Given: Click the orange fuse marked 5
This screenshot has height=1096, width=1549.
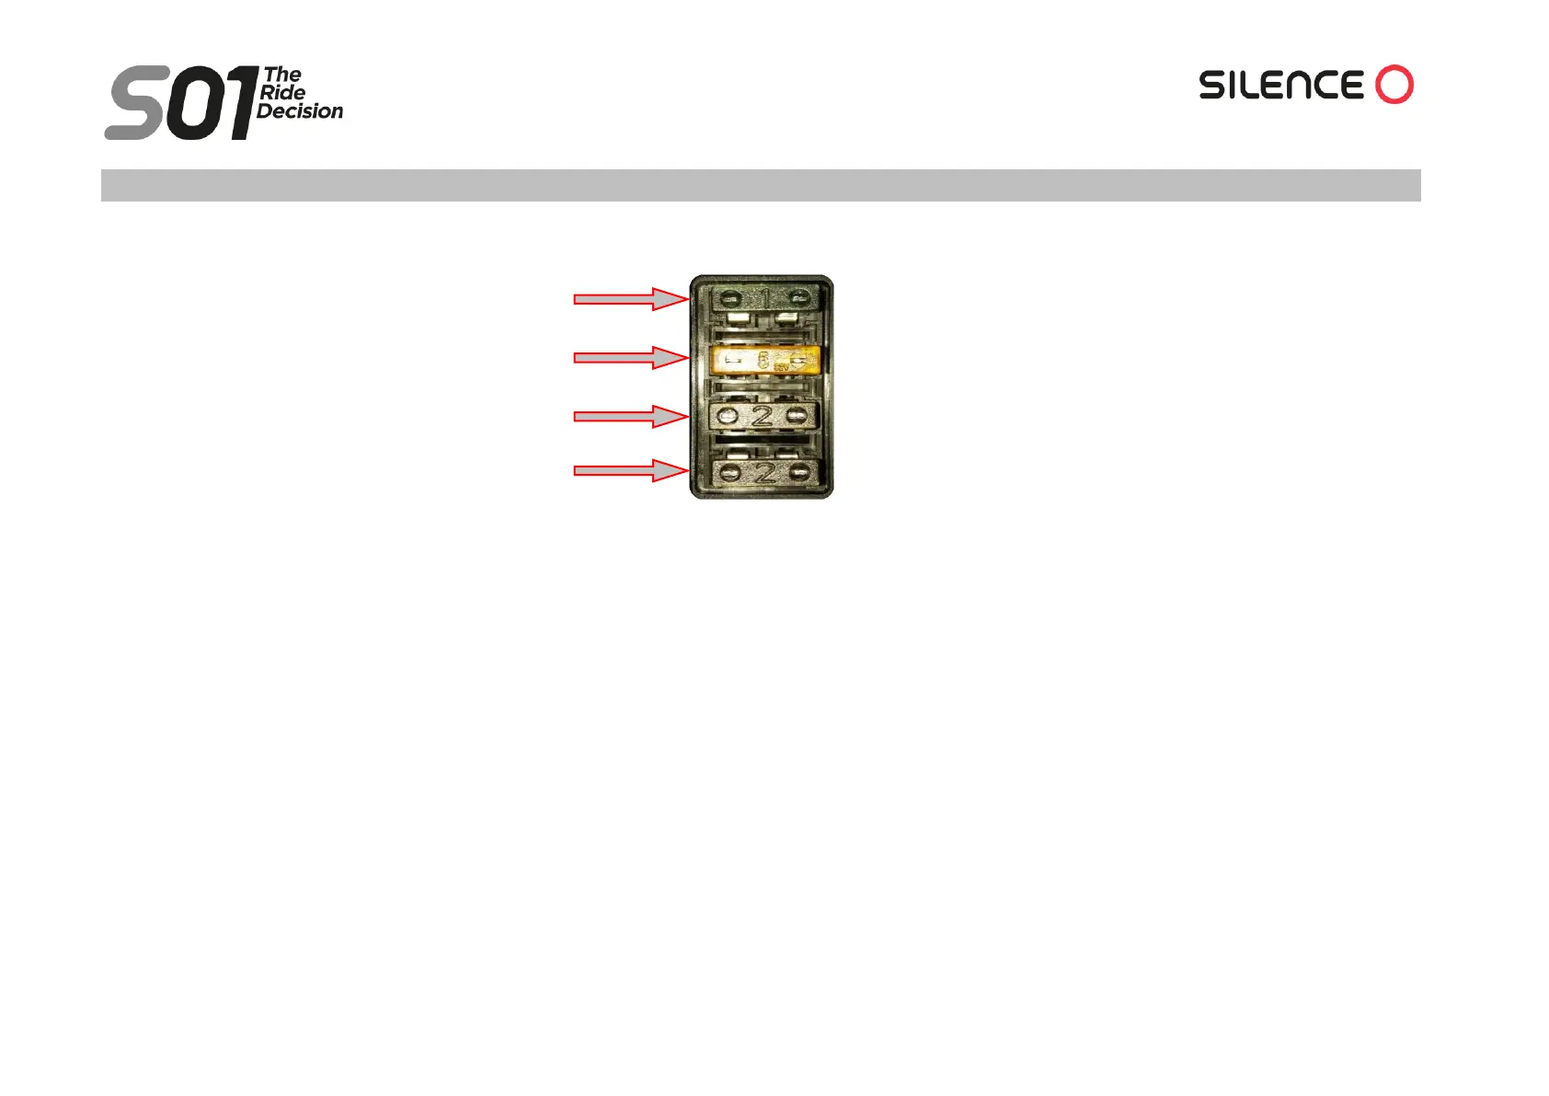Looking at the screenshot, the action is [x=765, y=360].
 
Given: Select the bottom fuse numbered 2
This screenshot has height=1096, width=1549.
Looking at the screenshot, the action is [x=763, y=473].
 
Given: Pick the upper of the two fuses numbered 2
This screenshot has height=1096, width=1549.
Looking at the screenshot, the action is [x=763, y=416].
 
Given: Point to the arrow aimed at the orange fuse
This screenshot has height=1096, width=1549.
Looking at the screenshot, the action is [x=630, y=357].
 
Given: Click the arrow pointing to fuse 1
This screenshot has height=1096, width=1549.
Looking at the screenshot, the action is [x=630, y=298].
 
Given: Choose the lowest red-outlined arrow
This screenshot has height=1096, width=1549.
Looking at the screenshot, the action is [x=630, y=470].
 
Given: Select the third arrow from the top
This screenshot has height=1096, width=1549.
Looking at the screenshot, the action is [x=630, y=416].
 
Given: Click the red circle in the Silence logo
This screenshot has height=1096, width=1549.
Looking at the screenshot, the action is [x=1394, y=85].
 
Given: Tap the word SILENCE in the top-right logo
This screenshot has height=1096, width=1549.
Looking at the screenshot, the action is [x=1280, y=86].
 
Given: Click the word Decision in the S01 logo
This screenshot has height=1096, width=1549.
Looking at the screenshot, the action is [x=300, y=111].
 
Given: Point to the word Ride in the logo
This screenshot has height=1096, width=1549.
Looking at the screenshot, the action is [x=282, y=93].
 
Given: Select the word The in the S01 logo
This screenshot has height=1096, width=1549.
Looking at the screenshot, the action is [x=282, y=75].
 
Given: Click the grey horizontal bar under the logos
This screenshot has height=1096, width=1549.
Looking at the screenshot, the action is [x=761, y=185].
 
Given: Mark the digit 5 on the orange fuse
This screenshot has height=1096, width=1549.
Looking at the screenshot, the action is [x=763, y=361].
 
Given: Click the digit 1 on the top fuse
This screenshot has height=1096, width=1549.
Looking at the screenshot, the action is [x=765, y=297].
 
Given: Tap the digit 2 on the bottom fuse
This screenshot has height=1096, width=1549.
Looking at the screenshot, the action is [x=764, y=473].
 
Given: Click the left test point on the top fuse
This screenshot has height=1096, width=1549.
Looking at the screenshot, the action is [x=729, y=299].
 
